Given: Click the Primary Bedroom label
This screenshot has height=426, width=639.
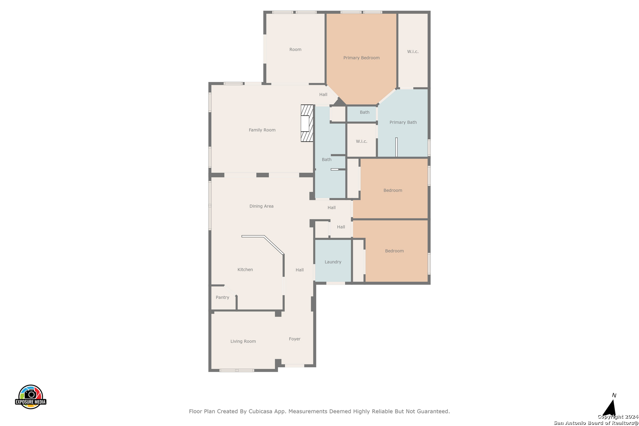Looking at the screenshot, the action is (361, 58).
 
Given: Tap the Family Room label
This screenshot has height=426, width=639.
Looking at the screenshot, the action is (262, 130).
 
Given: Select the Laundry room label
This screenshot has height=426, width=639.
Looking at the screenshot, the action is (333, 262).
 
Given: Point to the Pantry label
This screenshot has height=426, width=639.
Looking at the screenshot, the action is (222, 297).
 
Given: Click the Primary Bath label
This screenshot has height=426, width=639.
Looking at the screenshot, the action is (403, 122).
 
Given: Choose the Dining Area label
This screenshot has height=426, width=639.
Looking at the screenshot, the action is (261, 206).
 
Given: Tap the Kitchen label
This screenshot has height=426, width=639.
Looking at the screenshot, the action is (245, 270).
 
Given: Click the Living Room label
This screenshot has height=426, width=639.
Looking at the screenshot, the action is (243, 341).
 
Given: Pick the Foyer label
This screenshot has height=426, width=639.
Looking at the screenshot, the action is (294, 339).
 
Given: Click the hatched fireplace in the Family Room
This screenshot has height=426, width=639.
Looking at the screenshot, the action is (307, 123).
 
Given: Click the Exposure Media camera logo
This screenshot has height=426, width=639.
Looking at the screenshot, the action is (30, 396).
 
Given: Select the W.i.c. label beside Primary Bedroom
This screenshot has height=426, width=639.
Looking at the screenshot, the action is (413, 52).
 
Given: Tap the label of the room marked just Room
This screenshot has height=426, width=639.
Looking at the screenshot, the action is (295, 50).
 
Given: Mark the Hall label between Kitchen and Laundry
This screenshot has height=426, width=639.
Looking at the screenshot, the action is (299, 270).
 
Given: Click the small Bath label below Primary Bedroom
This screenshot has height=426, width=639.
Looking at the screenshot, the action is (364, 112).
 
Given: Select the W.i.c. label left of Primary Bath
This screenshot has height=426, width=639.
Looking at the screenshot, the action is (361, 142).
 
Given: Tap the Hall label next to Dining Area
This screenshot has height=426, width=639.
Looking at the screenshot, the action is (331, 208).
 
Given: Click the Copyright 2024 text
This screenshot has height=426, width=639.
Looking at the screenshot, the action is (618, 417).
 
